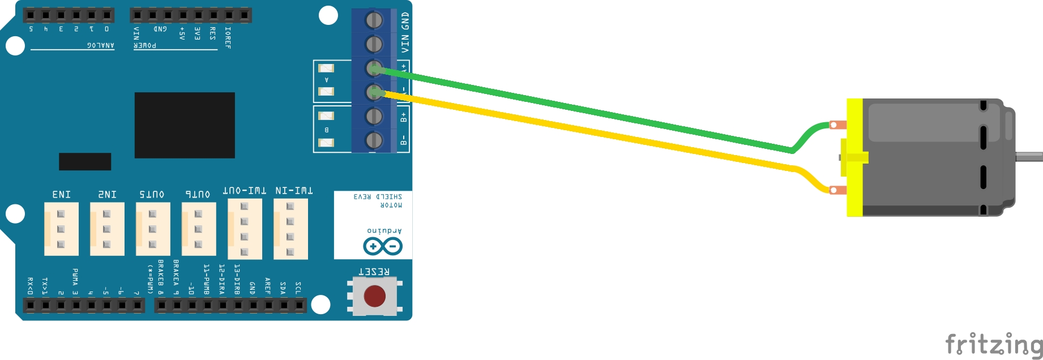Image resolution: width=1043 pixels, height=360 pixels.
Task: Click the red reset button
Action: coord(374,296)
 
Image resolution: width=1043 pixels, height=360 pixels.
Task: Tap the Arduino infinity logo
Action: coord(383,246)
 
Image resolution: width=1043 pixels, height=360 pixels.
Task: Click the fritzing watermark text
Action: coord(994,344)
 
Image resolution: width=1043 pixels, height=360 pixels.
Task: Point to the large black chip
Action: coord(185,125)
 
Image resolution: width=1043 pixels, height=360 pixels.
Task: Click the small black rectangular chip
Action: coord(85,161)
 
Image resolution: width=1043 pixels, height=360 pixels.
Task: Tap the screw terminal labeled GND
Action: coord(374,20)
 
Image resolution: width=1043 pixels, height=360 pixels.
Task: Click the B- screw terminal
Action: coord(374,140)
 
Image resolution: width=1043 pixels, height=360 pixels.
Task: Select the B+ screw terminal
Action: coord(374,116)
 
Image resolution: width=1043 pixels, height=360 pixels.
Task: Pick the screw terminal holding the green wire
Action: coord(374,69)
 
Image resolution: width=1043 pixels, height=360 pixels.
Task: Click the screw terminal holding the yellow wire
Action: coord(374,92)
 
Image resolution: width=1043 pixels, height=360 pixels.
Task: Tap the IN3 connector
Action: coord(61,229)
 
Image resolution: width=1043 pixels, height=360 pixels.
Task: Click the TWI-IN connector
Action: coord(290,229)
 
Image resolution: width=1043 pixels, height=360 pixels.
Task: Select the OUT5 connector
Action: coord(153,229)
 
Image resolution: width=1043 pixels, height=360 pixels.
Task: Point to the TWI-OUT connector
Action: coord(245,229)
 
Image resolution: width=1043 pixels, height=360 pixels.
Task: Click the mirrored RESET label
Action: coord(374,272)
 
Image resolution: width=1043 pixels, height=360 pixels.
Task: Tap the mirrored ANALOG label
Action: coord(100,45)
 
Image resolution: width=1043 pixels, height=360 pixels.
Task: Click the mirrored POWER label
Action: coord(145,45)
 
